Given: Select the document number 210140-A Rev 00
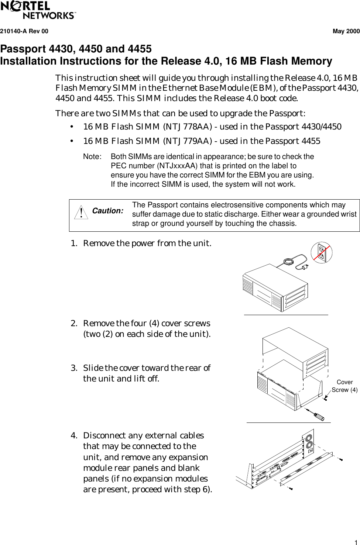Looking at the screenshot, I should [x=24, y=31].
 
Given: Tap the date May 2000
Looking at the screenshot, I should [x=346, y=31].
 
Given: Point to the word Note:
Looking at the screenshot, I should [x=92, y=157].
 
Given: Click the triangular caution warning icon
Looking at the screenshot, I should [x=81, y=212].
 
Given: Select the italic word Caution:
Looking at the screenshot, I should [x=107, y=211].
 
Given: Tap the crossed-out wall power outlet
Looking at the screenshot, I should [x=322, y=253].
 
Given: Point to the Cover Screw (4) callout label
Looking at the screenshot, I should [x=344, y=386].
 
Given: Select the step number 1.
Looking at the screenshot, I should [x=74, y=244].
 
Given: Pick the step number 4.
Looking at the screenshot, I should [x=74, y=436].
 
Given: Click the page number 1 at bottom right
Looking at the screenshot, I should [x=356, y=542].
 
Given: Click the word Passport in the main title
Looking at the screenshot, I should [x=23, y=49].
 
